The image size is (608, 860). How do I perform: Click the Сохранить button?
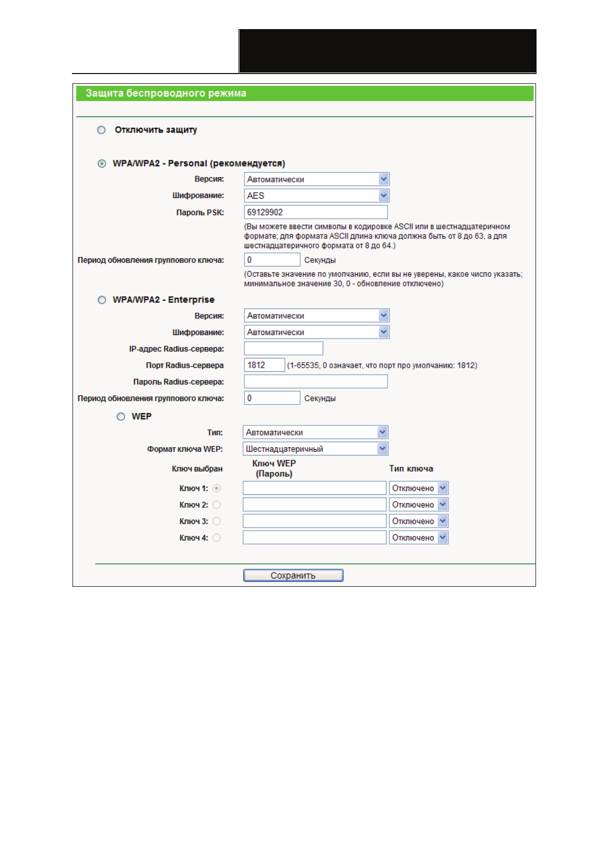coord(293,576)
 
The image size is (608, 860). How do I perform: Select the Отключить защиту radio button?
coord(102,130)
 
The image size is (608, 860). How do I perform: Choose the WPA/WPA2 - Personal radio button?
coord(102,163)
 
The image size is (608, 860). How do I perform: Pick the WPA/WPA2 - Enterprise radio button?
coord(102,300)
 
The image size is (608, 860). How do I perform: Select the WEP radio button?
coord(121,417)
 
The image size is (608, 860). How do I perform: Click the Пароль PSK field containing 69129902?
coord(315,212)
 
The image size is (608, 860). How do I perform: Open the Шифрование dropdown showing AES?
coord(317,196)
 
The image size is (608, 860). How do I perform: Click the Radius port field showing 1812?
coord(264,365)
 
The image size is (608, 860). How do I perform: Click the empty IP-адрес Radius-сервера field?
coord(283,349)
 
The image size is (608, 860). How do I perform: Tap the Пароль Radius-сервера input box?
coord(315,381)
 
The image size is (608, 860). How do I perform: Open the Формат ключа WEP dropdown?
coord(315,449)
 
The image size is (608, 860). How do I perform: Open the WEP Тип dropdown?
coord(315,433)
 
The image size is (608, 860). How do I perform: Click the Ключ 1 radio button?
coord(216,489)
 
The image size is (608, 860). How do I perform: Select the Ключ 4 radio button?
coord(216,538)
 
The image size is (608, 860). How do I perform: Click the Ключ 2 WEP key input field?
coord(314,505)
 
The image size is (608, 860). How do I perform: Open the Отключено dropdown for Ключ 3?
coord(419,521)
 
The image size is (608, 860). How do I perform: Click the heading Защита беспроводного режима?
coord(166,93)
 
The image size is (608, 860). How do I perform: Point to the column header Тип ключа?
coord(411,469)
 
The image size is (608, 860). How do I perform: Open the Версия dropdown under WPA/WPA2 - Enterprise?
coord(317,316)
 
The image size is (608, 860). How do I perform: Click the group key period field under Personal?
coord(272,260)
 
